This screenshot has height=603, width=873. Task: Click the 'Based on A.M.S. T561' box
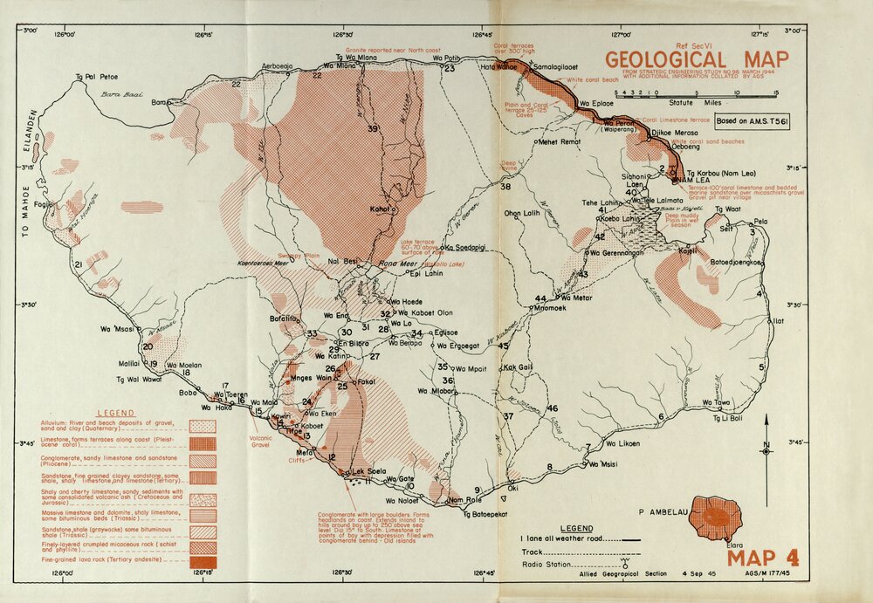752,122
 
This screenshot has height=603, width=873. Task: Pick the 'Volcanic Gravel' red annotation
261,442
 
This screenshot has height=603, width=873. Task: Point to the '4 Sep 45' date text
694,574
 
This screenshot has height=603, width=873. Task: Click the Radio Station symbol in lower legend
624,562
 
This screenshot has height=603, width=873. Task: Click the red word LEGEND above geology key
114,412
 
